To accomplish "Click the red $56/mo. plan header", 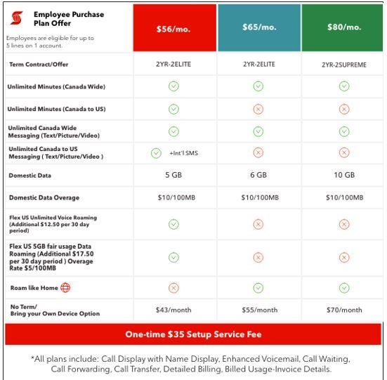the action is pyautogui.click(x=174, y=28).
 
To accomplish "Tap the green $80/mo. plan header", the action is pyautogui.click(x=343, y=28).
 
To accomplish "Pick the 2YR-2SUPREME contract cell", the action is pyautogui.click(x=343, y=63).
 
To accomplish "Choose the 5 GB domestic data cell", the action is pyautogui.click(x=173, y=175).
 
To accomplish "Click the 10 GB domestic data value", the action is pyautogui.click(x=343, y=175).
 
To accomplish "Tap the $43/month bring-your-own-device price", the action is pyautogui.click(x=173, y=309).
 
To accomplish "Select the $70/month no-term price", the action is pyautogui.click(x=343, y=309).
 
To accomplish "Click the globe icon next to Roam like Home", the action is pyautogui.click(x=65, y=287).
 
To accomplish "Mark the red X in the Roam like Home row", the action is pyautogui.click(x=173, y=287).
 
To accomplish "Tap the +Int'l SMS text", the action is pyautogui.click(x=183, y=153).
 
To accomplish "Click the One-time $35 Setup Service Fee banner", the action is pyautogui.click(x=193, y=334).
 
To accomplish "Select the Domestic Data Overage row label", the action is pyautogui.click(x=44, y=197).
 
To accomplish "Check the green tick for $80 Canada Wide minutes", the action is pyautogui.click(x=343, y=86).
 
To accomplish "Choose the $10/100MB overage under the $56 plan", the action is pyautogui.click(x=173, y=197).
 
